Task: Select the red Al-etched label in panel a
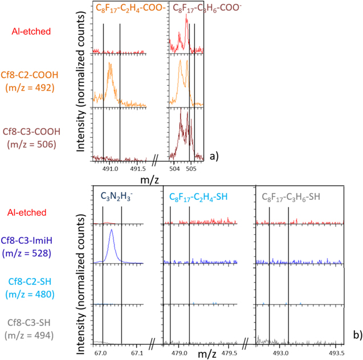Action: click(x=35, y=31)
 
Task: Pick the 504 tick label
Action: click(x=176, y=169)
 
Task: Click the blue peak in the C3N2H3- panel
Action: click(x=111, y=231)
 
